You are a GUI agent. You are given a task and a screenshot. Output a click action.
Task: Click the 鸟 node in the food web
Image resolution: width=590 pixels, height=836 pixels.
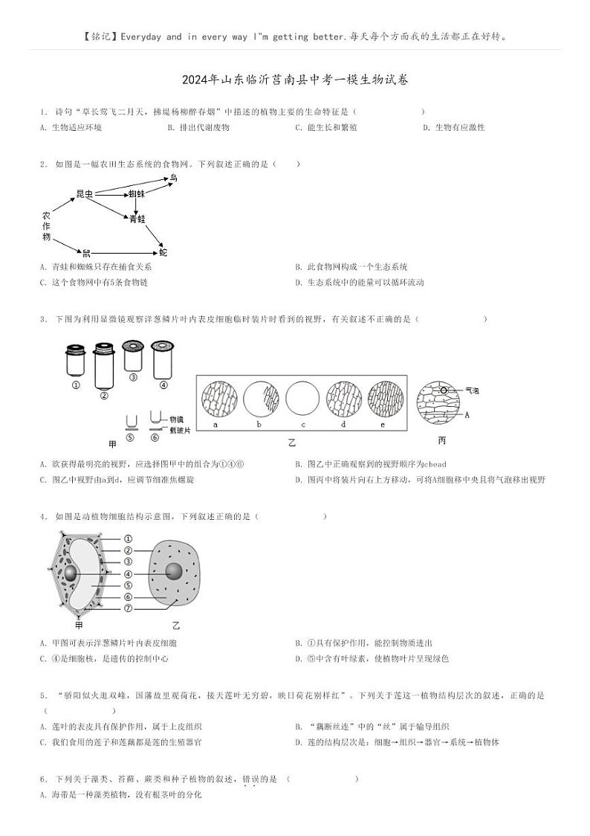coord(173,178)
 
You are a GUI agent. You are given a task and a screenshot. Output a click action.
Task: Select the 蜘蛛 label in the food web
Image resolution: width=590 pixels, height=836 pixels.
coord(136,193)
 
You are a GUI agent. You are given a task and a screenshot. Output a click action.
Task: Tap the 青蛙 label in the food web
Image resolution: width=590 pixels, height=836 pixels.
coord(137,219)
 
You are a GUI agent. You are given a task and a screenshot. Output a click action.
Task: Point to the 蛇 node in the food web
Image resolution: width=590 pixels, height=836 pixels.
coord(163,253)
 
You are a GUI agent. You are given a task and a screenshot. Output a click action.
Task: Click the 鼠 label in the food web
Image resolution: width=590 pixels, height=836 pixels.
coord(86,253)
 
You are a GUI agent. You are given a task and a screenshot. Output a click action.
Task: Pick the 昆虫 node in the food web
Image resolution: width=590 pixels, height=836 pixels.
coord(85,193)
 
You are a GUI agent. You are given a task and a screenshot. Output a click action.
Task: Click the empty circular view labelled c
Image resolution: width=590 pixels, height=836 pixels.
coord(302,402)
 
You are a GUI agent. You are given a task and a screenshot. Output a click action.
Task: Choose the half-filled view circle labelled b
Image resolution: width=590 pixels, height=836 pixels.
coord(261,402)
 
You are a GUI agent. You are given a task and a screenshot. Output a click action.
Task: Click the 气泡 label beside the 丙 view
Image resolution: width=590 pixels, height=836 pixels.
coord(473,390)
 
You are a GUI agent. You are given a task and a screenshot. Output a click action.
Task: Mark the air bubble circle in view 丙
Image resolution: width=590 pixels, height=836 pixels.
coord(443,390)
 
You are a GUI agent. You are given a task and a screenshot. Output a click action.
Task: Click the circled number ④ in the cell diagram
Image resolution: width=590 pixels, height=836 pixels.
coord(128,573)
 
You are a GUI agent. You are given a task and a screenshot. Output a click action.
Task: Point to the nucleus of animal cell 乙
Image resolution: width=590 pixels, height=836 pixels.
coord(174,571)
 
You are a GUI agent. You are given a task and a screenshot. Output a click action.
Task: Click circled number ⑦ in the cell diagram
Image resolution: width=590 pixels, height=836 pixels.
coord(128,608)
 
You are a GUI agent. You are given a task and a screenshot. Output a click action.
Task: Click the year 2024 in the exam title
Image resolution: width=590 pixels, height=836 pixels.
coord(195,80)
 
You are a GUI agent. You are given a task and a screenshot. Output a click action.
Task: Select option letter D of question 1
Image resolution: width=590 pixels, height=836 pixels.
coord(426,127)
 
